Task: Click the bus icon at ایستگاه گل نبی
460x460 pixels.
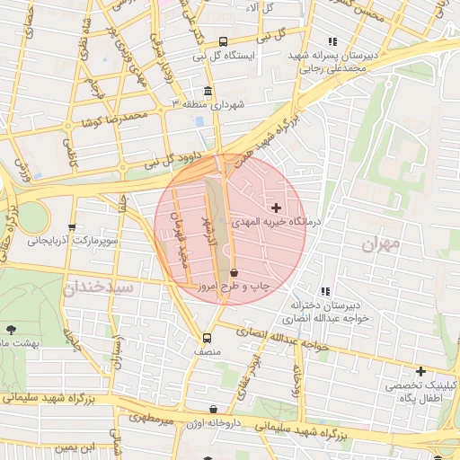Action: point(223,41)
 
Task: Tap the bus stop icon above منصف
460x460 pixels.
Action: point(208,339)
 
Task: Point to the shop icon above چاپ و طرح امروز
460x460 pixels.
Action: point(234,271)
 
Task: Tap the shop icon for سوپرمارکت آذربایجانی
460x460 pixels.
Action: point(72,227)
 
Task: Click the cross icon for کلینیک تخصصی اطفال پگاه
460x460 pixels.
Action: point(420,371)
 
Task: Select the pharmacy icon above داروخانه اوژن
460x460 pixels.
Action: point(213,410)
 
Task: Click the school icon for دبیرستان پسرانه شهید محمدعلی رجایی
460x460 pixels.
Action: point(332,41)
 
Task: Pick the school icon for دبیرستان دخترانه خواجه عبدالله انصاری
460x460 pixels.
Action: point(325,291)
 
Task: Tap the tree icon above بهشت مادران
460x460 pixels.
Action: point(11,330)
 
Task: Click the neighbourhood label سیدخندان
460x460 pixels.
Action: point(97,287)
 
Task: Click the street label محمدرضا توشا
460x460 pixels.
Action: point(122,117)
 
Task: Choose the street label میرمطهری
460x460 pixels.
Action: point(150,419)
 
